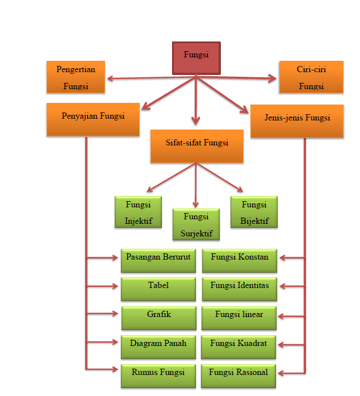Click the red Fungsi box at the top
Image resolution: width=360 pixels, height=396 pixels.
click(x=196, y=58)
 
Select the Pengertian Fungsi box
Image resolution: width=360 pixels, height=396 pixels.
click(x=76, y=77)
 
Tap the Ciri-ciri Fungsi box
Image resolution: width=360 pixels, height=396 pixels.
click(x=311, y=77)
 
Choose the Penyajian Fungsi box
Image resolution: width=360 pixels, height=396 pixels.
click(x=93, y=119)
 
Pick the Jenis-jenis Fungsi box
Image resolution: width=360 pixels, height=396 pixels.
click(x=297, y=120)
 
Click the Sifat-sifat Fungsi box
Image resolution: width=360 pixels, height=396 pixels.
click(x=196, y=145)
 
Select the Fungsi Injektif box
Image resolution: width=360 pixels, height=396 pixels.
click(x=138, y=211)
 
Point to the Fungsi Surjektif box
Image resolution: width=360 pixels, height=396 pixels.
click(x=196, y=224)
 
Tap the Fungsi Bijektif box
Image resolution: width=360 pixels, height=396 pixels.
click(x=254, y=211)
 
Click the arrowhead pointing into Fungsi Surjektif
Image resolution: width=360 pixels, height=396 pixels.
click(x=196, y=204)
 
